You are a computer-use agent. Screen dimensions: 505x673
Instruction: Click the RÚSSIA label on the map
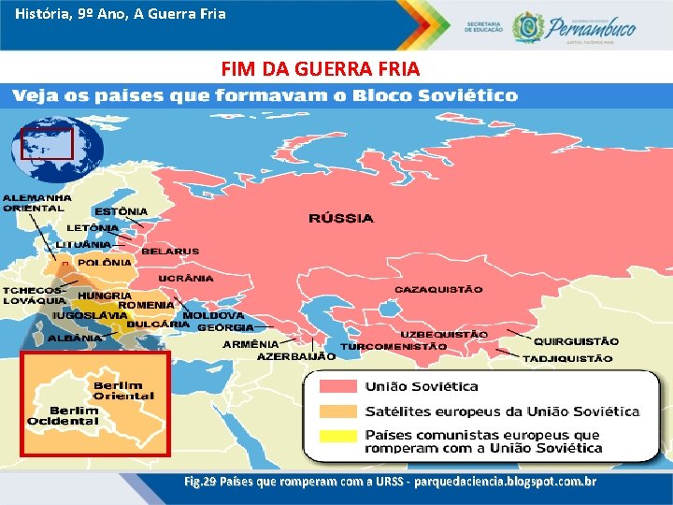pyautogui.click(x=341, y=219)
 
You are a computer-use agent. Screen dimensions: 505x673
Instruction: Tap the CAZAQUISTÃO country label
pyautogui.click(x=438, y=290)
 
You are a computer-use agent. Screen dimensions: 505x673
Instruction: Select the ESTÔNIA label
pyautogui.click(x=121, y=211)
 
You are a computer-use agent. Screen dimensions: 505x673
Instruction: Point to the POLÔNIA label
pyautogui.click(x=104, y=263)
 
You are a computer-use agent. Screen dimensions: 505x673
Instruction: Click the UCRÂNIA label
pyautogui.click(x=186, y=279)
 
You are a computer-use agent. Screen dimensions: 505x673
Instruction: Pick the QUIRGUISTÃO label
pyautogui.click(x=576, y=342)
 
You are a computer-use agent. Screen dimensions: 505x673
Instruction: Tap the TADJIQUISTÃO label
pyautogui.click(x=567, y=358)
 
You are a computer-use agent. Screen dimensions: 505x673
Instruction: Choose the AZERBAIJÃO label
pyautogui.click(x=296, y=356)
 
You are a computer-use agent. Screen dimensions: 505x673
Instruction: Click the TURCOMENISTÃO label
pyautogui.click(x=394, y=346)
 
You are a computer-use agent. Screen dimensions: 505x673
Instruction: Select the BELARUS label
pyautogui.click(x=170, y=252)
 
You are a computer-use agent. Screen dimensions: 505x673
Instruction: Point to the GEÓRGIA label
pyautogui.click(x=225, y=328)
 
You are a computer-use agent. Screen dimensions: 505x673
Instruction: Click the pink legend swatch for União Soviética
pyautogui.click(x=337, y=386)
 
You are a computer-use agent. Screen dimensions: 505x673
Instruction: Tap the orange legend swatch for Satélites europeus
pyautogui.click(x=337, y=411)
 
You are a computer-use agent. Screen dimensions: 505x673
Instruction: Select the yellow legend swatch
pyautogui.click(x=337, y=436)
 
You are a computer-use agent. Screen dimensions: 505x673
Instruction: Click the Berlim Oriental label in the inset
pyautogui.click(x=124, y=391)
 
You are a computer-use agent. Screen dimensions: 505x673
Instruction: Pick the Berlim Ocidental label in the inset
pyautogui.click(x=74, y=415)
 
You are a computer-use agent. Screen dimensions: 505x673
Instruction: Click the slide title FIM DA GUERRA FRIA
pyautogui.click(x=321, y=69)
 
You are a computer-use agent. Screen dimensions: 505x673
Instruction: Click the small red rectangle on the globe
pyautogui.click(x=47, y=142)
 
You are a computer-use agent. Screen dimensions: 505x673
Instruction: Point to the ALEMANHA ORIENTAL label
pyautogui.click(x=36, y=203)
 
